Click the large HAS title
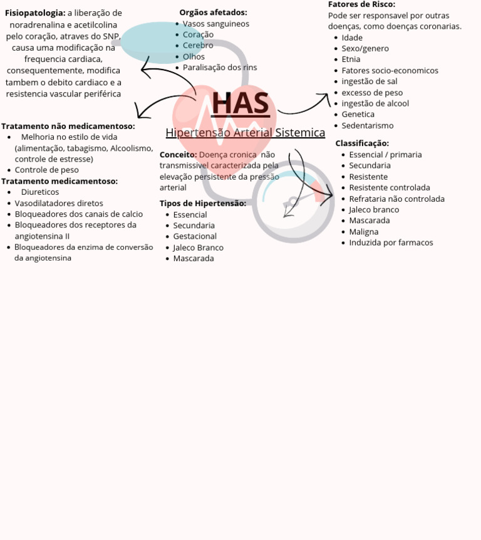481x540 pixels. pyautogui.click(x=240, y=104)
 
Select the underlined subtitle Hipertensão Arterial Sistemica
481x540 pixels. pyautogui.click(x=246, y=133)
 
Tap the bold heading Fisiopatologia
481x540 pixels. pyautogui.click(x=35, y=13)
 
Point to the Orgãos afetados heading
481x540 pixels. pyautogui.click(x=213, y=13)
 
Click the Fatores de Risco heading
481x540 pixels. pyautogui.click(x=361, y=4)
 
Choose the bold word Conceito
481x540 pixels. pyautogui.click(x=178, y=155)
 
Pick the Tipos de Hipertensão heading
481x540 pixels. pyautogui.click(x=202, y=203)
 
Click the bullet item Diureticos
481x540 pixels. pyautogui.click(x=40, y=192)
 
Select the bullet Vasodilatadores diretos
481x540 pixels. pyautogui.click(x=59, y=203)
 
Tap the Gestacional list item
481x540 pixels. pyautogui.click(x=195, y=236)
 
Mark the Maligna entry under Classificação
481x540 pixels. pyautogui.click(x=363, y=232)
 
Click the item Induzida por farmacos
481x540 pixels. pyautogui.click(x=391, y=242)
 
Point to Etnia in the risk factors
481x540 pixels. pyautogui.click(x=351, y=60)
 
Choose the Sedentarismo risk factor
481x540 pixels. pyautogui.click(x=368, y=125)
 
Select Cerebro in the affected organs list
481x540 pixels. pyautogui.click(x=198, y=46)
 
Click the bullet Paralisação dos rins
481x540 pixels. pyautogui.click(x=220, y=68)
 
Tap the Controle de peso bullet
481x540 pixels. pyautogui.click(x=47, y=170)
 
